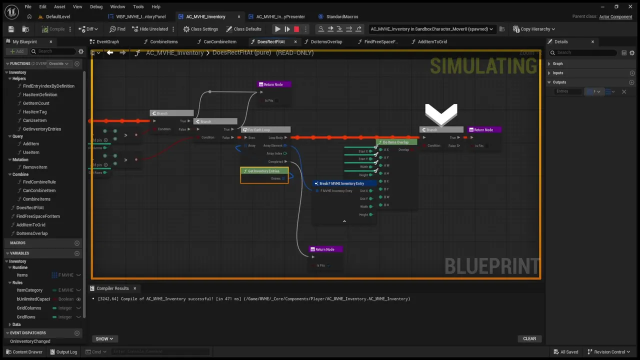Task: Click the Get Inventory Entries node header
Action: click(264, 171)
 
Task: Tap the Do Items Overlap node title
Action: click(395, 142)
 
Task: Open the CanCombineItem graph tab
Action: click(220, 41)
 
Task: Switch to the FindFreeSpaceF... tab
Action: click(381, 41)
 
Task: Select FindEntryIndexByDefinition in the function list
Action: click(48, 86)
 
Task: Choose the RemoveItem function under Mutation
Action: click(35, 167)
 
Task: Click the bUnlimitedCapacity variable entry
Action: click(33, 299)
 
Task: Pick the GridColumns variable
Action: click(29, 308)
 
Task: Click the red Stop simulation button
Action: click(296, 29)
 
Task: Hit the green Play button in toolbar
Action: click(277, 29)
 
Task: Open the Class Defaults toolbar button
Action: click(244, 29)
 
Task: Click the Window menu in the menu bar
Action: click(117, 6)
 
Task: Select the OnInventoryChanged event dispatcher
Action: click(30, 341)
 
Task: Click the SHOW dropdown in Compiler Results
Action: click(104, 338)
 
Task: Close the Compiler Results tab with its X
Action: click(134, 288)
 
